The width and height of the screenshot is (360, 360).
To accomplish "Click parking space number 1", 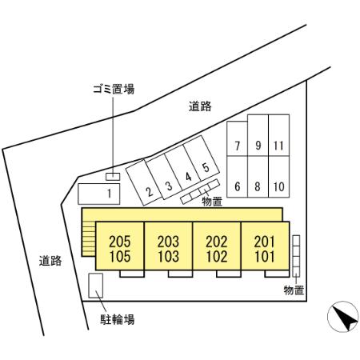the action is pos(99,194).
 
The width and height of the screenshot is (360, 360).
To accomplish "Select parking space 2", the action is pos(144,182).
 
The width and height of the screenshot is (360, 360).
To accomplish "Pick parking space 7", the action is pos(237,138).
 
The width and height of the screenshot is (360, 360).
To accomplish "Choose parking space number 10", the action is pos(279,177).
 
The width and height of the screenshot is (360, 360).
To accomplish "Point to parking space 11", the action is pos(279,135).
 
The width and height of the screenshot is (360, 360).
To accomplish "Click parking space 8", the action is pos(258,177).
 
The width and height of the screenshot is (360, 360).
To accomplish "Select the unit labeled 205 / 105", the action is pos(120,246).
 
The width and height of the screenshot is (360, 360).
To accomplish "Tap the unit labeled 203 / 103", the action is pos(168,246).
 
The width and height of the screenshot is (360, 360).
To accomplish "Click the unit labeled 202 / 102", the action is pos(217,246).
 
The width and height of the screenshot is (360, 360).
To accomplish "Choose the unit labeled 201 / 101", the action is pos(265,246).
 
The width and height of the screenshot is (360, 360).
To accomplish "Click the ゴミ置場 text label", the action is pos(114,89).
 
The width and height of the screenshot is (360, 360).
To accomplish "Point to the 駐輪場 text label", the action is pos(118,319).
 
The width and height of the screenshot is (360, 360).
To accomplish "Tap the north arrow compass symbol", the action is pos(343,317).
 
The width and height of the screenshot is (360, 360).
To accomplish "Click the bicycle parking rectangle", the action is pos(96,286).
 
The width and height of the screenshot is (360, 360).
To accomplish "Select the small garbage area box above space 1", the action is pos(113,177).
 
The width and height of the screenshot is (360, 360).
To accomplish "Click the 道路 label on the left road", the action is pos(50,261).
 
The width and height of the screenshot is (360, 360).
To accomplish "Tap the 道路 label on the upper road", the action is pos(200,106).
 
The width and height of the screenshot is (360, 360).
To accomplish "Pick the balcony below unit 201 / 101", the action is pos(277,274).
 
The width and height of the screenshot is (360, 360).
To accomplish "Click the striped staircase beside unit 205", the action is pos(89,239).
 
